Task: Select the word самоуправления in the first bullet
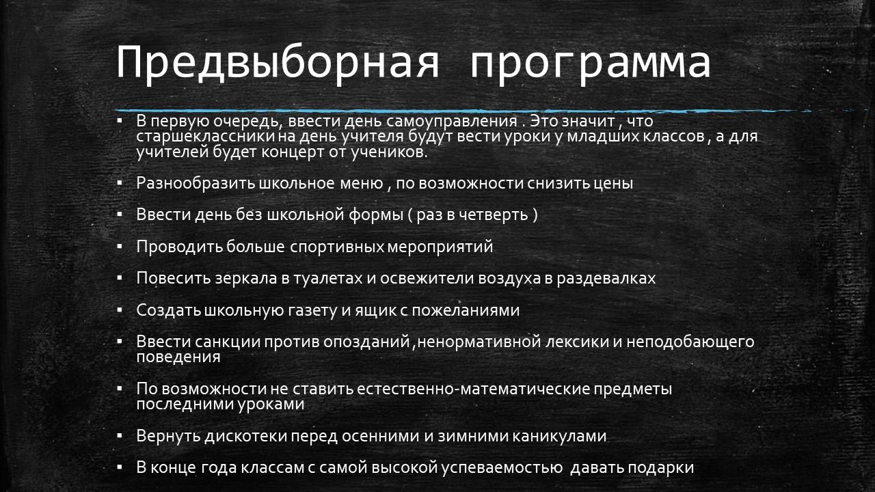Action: click(452, 122)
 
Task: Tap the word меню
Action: click(362, 184)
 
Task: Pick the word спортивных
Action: click(337, 247)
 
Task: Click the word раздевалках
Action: click(606, 278)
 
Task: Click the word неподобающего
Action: click(690, 342)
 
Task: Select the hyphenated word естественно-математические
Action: click(472, 389)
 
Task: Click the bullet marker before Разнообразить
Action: click(120, 182)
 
